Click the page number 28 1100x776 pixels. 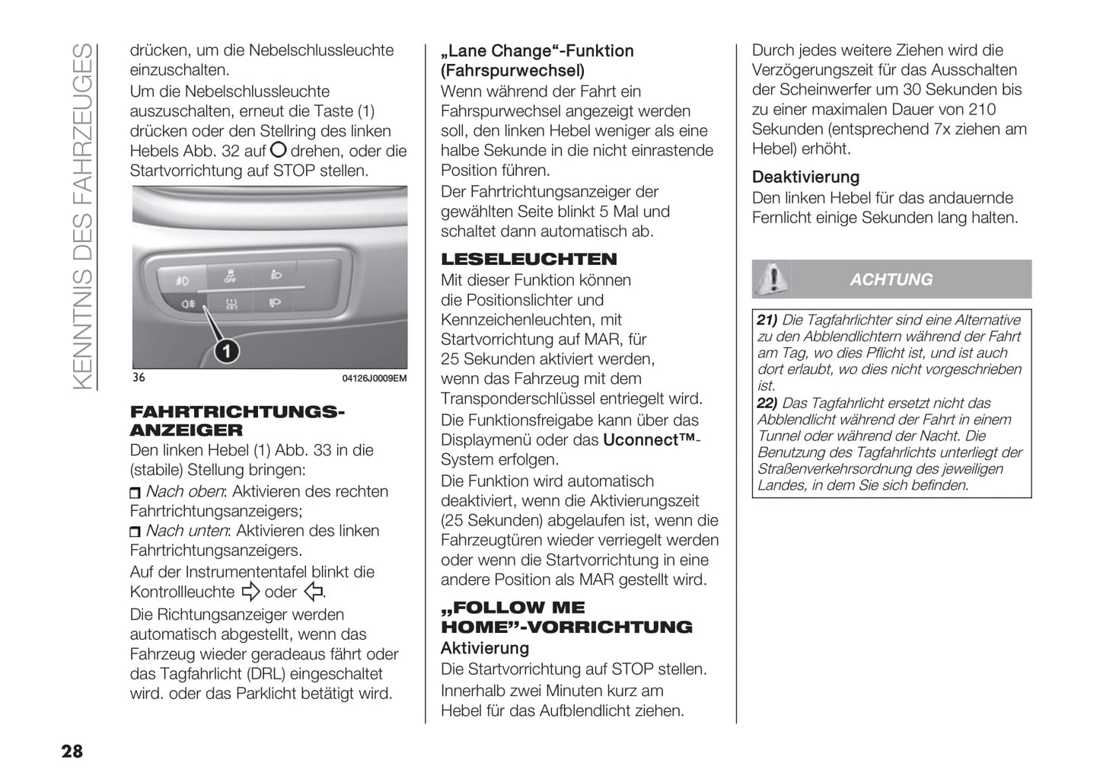72,752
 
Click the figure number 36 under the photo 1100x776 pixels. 138,378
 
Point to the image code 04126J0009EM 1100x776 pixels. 374,378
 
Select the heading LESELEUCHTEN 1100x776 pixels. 528,259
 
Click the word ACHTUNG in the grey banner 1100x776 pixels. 891,279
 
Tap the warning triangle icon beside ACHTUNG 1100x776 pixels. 771,279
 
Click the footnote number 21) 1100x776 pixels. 767,321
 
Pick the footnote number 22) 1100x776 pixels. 767,404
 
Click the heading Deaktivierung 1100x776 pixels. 805,177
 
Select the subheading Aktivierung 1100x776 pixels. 484,648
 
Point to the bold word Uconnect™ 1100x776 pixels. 649,440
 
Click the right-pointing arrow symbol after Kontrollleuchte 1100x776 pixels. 250,592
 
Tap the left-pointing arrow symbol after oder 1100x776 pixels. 313,592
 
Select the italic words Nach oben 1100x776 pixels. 185,492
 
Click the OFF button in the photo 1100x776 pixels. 230,275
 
